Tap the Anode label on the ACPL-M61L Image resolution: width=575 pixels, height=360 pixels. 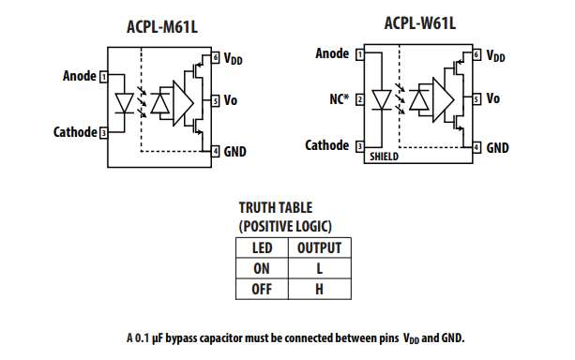[x=79, y=75]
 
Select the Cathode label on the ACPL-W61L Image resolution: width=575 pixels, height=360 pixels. [x=327, y=145]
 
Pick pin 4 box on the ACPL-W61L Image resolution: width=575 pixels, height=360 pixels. [x=477, y=147]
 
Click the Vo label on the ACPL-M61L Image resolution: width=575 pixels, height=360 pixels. [x=231, y=99]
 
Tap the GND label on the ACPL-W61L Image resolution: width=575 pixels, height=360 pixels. [x=498, y=147]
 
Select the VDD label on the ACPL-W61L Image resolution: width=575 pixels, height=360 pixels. [x=497, y=55]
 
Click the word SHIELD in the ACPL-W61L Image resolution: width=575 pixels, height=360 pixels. [x=384, y=157]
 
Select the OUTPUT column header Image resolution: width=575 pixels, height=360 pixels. [x=318, y=248]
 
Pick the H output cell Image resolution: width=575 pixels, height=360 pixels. [x=318, y=289]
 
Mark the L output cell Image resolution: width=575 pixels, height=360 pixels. [x=318, y=268]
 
